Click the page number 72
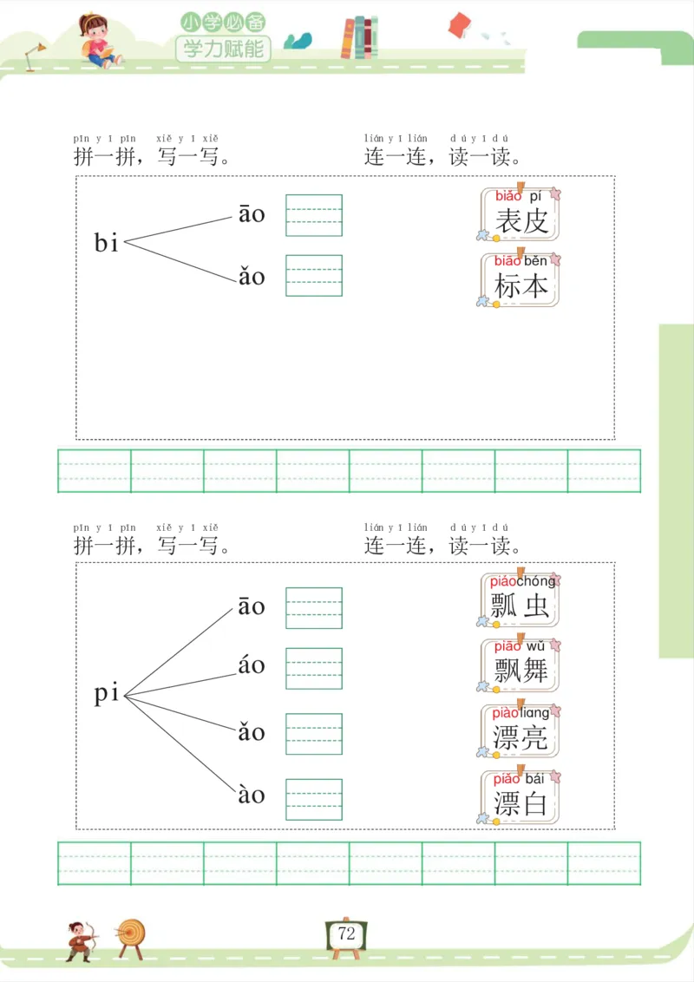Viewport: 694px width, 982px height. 347,934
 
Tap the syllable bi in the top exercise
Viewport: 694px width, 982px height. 106,243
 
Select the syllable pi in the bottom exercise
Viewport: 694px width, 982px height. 106,695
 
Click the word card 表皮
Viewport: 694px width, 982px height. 520,214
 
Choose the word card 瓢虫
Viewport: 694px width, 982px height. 520,599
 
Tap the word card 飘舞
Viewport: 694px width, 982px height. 520,664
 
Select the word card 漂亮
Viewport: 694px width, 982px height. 520,730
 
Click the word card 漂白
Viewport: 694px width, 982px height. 520,795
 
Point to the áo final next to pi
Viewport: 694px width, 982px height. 252,666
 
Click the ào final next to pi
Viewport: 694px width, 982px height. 252,794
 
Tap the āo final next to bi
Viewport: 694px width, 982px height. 252,214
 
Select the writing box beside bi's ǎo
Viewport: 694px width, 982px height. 314,275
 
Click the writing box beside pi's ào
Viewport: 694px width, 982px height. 314,799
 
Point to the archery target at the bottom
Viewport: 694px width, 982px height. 132,936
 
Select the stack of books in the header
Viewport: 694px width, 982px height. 360,37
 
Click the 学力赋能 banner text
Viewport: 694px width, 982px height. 223,49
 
